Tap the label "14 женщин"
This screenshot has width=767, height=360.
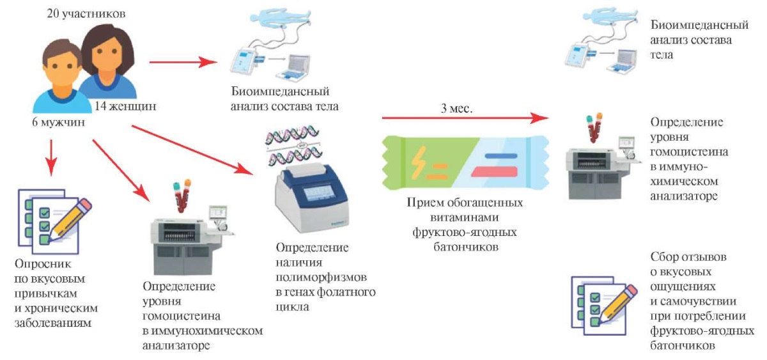(125, 107)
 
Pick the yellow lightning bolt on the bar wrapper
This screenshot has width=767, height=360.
(420, 160)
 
